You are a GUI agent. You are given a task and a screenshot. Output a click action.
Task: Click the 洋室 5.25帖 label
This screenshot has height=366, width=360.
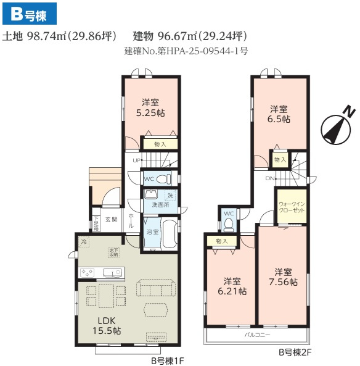(x=150, y=108)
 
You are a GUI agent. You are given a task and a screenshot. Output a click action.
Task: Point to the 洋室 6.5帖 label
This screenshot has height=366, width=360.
(x=279, y=114)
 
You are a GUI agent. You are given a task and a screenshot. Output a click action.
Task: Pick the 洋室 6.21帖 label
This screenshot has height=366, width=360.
(x=231, y=284)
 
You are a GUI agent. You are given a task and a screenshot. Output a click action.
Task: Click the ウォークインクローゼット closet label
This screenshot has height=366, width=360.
(x=289, y=207)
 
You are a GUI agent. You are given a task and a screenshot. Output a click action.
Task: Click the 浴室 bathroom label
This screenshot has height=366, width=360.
(x=152, y=232)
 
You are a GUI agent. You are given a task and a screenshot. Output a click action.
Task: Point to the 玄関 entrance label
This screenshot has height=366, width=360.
(x=111, y=219)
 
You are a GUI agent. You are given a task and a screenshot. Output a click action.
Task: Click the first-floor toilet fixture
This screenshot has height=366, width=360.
(x=163, y=179)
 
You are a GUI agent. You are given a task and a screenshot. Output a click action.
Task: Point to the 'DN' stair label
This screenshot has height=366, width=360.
(x=269, y=178)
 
